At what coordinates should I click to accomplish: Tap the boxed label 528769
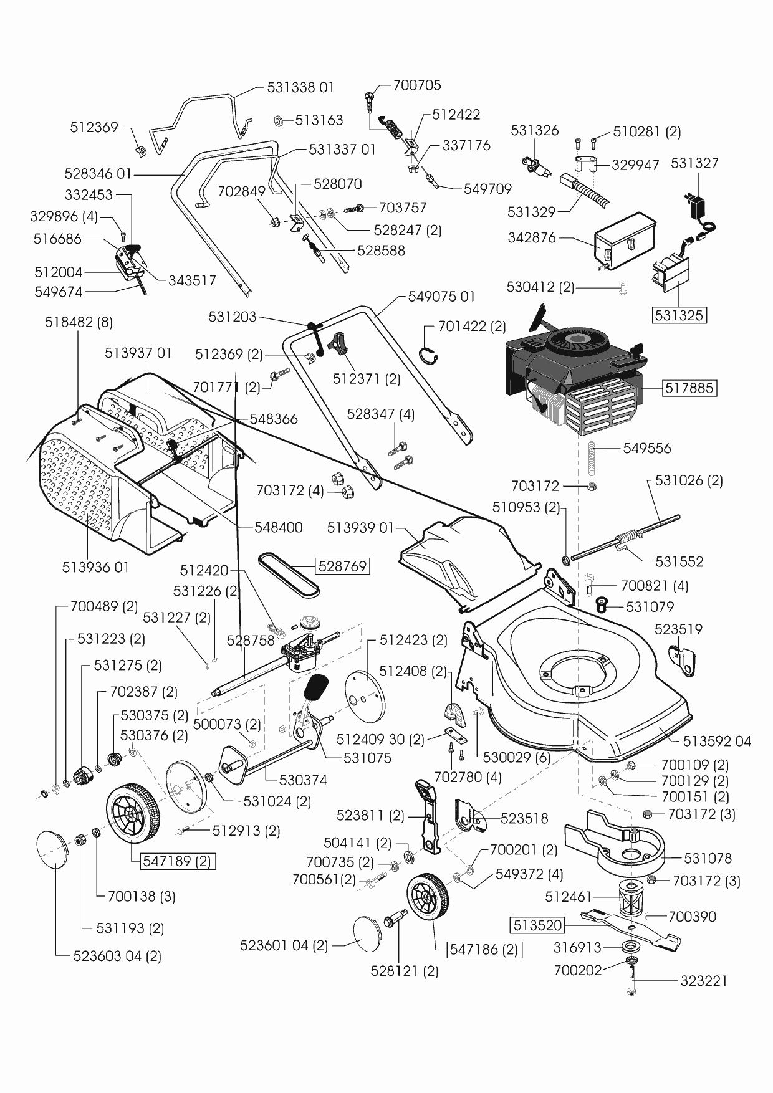point(342,566)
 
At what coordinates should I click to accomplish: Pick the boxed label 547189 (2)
point(177,862)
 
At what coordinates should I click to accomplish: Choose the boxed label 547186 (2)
point(484,950)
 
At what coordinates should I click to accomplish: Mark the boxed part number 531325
point(679,315)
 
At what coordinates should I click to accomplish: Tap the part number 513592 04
point(717,742)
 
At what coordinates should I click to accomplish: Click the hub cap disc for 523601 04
point(371,932)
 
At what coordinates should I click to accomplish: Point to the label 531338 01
point(300,87)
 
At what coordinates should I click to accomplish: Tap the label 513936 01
point(95,568)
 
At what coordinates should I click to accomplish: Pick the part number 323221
point(704,981)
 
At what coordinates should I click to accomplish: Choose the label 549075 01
point(441,297)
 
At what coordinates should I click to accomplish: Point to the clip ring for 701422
point(431,354)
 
